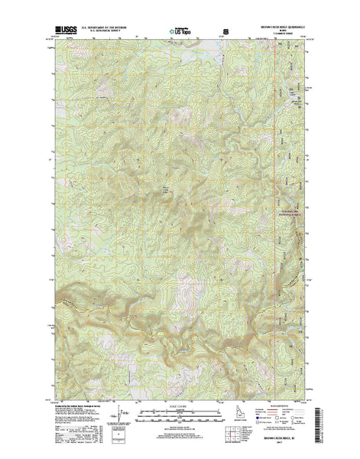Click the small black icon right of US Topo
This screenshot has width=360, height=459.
click(225, 32)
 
